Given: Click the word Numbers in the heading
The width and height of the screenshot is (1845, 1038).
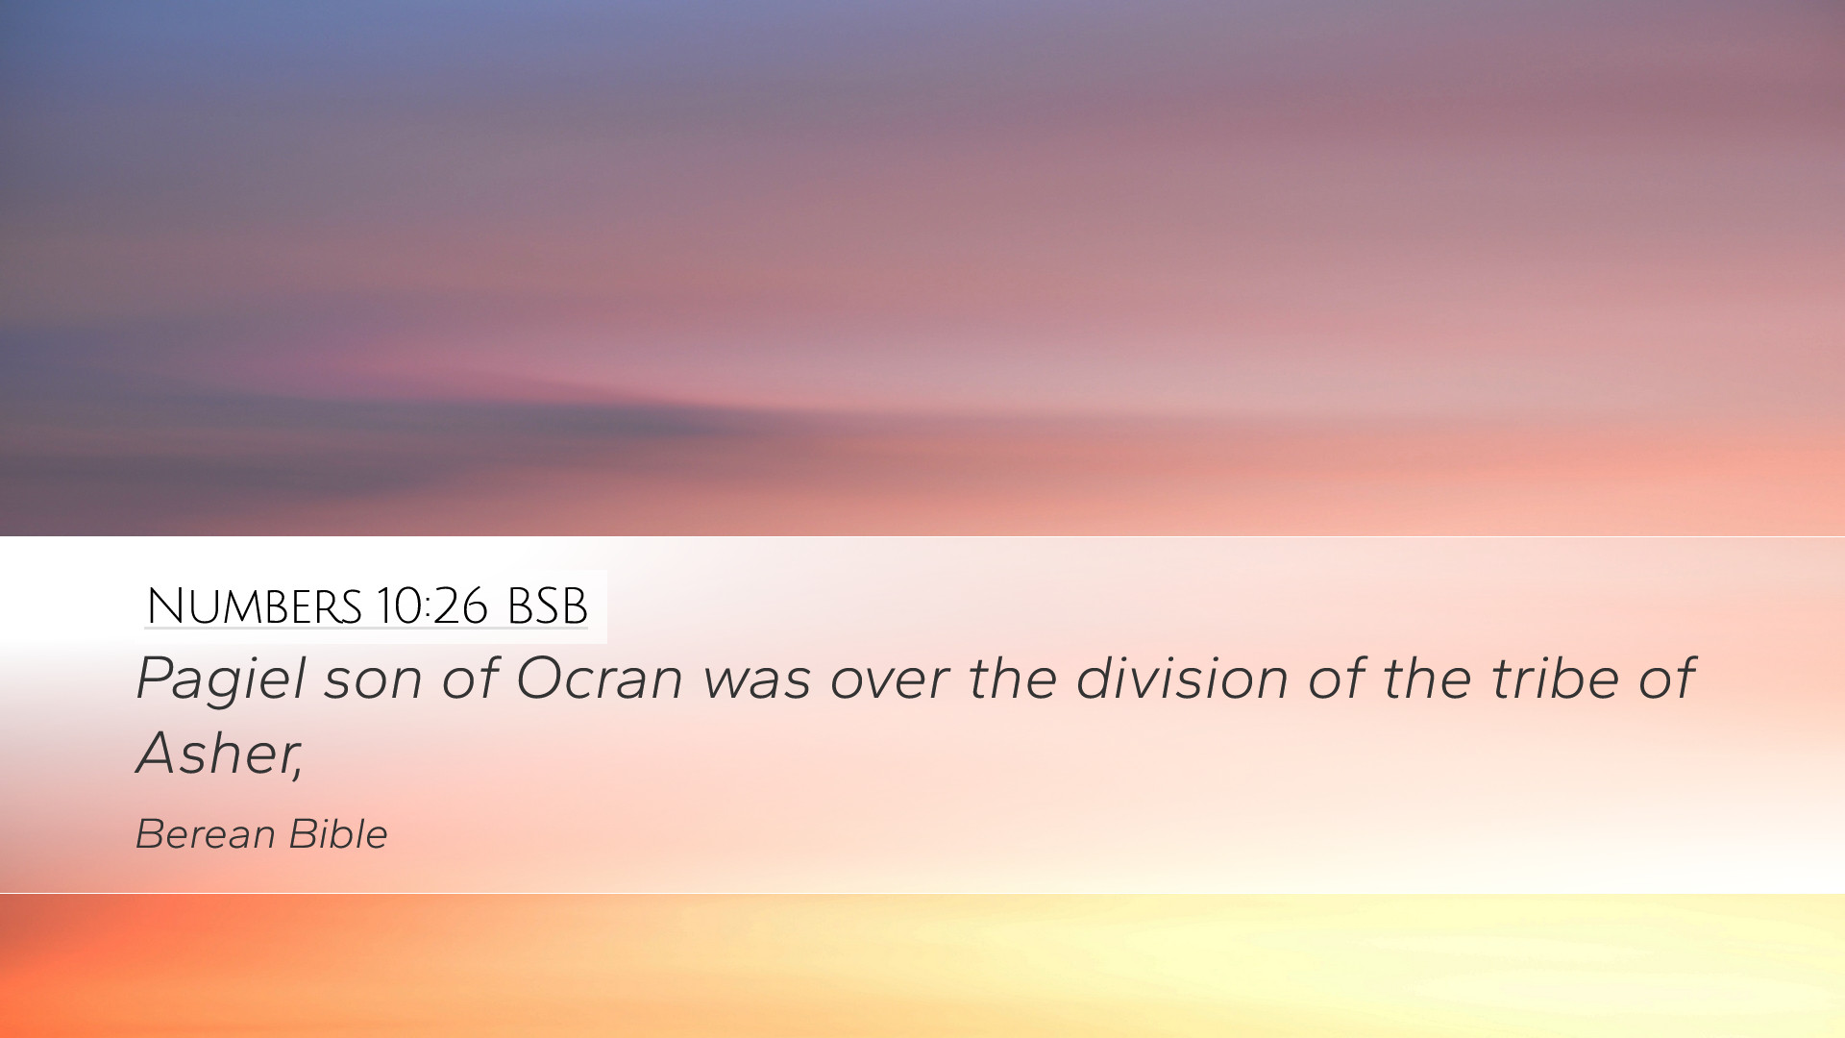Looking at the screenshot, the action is click(255, 606).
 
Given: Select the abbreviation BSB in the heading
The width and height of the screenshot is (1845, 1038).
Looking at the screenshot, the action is click(547, 606).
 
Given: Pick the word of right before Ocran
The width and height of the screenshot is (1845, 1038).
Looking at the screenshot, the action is click(469, 678).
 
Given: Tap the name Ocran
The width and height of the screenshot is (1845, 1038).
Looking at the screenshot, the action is click(599, 678).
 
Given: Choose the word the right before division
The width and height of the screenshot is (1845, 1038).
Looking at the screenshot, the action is click(1012, 678).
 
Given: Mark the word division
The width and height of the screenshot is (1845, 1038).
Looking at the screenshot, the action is click(1182, 678).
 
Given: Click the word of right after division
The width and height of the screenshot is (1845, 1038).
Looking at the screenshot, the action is click(1336, 678).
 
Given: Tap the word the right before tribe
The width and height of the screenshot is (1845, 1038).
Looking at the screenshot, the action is click(1427, 678).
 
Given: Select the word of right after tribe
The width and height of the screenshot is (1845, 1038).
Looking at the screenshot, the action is click(1666, 678).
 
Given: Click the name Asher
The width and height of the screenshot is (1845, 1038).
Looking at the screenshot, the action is click(214, 753).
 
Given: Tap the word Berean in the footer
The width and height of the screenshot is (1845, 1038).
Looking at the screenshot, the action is click(205, 834).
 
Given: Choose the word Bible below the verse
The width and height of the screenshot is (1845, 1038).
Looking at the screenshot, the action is click(337, 834).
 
